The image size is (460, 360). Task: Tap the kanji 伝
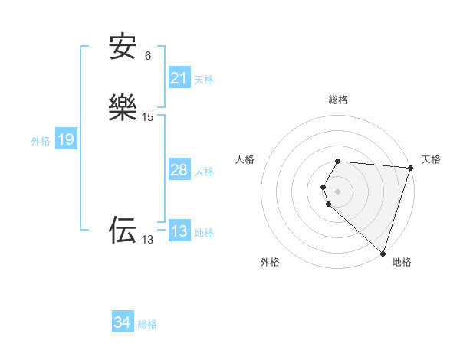[x=123, y=230]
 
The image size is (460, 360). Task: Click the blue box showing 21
[x=179, y=78]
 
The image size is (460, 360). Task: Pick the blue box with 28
[x=179, y=170]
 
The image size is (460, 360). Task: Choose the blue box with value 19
[x=66, y=139]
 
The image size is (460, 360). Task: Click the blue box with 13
[x=179, y=231]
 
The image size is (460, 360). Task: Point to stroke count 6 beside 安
[x=148, y=55]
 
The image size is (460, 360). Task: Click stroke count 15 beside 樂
[x=148, y=117]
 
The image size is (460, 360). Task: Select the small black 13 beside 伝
[x=148, y=240]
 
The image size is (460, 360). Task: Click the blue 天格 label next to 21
[x=204, y=79]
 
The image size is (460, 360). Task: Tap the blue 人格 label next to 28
[x=204, y=172]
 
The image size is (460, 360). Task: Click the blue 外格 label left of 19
[x=41, y=141]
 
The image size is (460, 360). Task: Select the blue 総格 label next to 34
[x=147, y=324]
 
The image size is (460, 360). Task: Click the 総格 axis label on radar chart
[x=337, y=100]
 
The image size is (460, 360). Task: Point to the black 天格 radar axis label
[x=431, y=159]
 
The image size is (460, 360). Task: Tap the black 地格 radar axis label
[x=402, y=263]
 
